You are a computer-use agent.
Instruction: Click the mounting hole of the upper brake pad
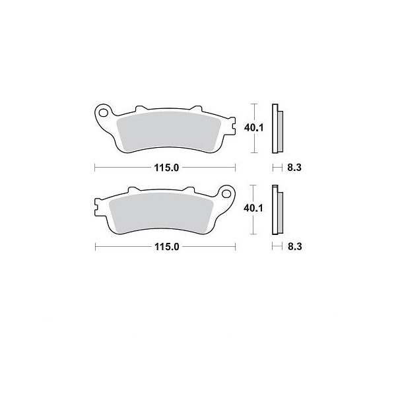click(103, 113)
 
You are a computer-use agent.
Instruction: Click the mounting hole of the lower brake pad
click(226, 193)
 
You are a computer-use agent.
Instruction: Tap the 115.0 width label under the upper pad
click(166, 168)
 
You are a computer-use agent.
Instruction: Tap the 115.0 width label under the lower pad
click(167, 246)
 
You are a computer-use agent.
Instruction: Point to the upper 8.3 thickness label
click(294, 168)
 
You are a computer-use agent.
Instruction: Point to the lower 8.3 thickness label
click(295, 246)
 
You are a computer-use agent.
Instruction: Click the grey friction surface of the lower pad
click(161, 213)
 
